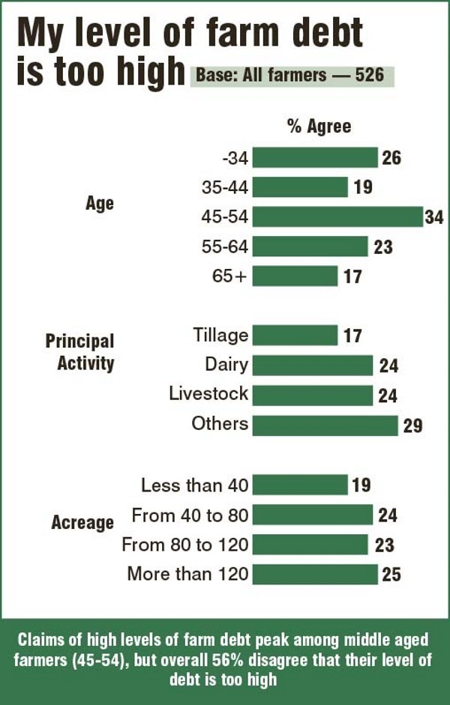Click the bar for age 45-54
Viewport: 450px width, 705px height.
click(x=337, y=217)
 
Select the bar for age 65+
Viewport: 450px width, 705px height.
click(x=295, y=276)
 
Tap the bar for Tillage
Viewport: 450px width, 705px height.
click(x=295, y=335)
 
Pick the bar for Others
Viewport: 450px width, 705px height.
click(x=325, y=425)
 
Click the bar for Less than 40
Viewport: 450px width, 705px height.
click(x=300, y=485)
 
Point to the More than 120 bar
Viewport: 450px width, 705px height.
click(x=315, y=575)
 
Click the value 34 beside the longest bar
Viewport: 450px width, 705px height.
click(x=435, y=217)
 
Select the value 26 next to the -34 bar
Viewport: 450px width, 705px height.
click(x=391, y=158)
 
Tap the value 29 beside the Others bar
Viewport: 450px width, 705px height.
click(x=412, y=426)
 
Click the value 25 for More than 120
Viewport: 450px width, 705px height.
click(x=391, y=575)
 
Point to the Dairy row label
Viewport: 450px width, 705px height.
click(x=226, y=364)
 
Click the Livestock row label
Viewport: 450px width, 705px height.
click(x=208, y=394)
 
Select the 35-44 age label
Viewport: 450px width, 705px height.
click(x=225, y=187)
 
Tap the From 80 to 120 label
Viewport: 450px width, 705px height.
click(x=185, y=545)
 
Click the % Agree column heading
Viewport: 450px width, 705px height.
click(x=319, y=126)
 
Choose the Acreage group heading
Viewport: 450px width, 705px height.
click(x=82, y=522)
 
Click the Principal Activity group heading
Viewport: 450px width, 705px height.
click(x=79, y=352)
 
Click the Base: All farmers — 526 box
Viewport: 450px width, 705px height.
click(x=292, y=76)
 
